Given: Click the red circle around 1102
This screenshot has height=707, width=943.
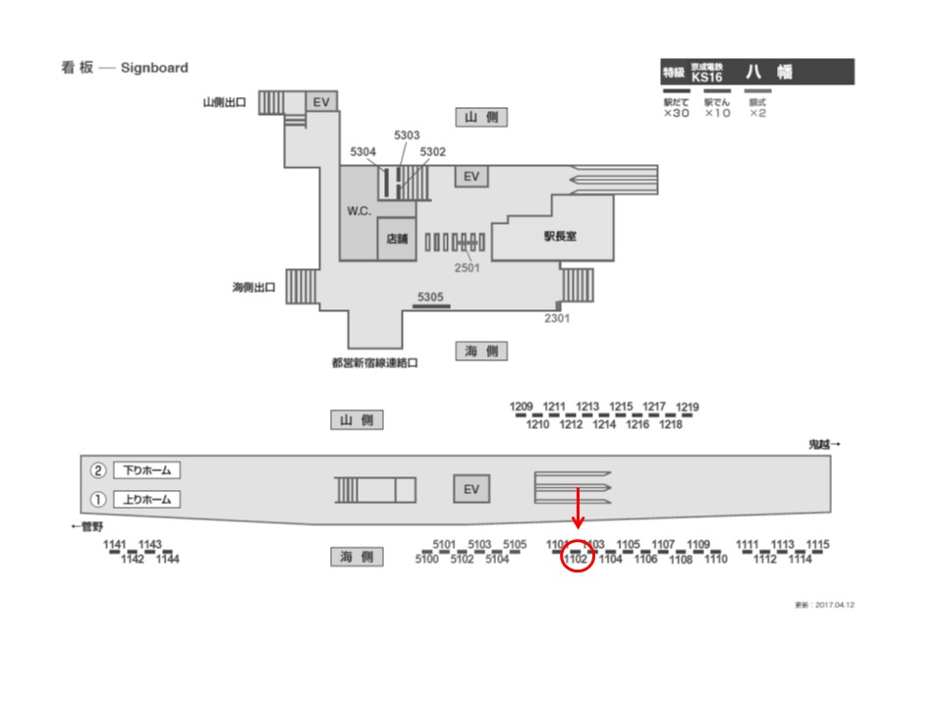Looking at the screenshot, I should [576, 560].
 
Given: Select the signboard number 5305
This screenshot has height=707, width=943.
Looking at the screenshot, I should [430, 297].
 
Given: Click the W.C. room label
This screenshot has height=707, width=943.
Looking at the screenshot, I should [359, 212].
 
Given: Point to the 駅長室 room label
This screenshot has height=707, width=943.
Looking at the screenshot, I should [560, 236].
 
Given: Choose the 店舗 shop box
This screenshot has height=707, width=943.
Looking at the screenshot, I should [397, 238].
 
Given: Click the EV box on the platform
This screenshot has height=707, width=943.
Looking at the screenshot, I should [471, 489].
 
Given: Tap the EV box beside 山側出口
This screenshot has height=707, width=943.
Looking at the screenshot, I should [320, 102].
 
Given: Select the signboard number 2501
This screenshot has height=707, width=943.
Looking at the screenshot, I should [468, 267].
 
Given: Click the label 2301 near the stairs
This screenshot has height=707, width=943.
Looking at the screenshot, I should [557, 318].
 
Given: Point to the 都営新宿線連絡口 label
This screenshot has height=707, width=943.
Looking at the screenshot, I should [374, 362].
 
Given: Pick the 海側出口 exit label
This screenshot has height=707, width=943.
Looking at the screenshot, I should [253, 288].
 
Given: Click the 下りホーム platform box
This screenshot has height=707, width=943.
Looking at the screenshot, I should [147, 470].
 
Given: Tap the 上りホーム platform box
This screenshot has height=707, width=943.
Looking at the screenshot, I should [147, 499].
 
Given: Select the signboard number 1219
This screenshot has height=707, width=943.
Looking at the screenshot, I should [688, 408].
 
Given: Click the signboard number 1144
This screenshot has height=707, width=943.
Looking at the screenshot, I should [167, 560].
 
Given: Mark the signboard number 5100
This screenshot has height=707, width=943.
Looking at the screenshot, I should [426, 560].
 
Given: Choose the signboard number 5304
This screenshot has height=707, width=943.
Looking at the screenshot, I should [363, 152].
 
